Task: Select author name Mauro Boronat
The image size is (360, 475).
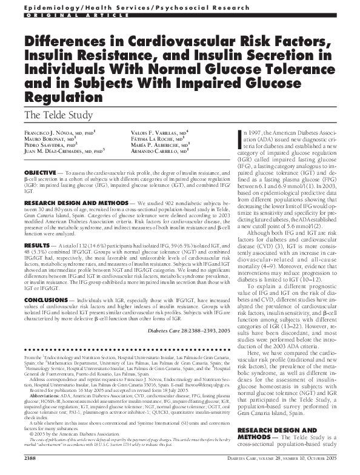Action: tap(45, 139)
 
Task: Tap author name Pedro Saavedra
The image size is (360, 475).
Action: tap(45, 146)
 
